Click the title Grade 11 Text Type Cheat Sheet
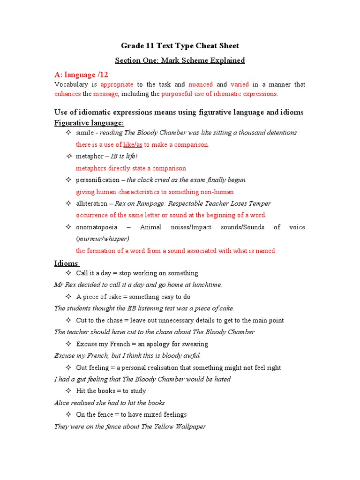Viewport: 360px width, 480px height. [180, 46]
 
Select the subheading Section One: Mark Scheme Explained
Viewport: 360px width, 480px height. [180, 60]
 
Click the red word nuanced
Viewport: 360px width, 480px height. [201, 84]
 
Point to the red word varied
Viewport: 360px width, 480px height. [240, 84]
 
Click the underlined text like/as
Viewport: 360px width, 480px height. [133, 145]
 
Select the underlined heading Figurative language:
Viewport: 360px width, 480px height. [89, 123]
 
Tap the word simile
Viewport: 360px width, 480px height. [85, 133]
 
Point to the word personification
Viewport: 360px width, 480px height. [97, 180]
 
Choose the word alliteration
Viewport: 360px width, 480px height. [91, 203]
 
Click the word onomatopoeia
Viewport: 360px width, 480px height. [97, 227]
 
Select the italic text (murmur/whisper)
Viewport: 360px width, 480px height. [102, 239]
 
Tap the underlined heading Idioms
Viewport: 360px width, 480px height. [67, 263]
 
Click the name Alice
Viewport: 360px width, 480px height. [61, 403]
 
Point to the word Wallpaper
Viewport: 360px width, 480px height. [190, 427]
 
